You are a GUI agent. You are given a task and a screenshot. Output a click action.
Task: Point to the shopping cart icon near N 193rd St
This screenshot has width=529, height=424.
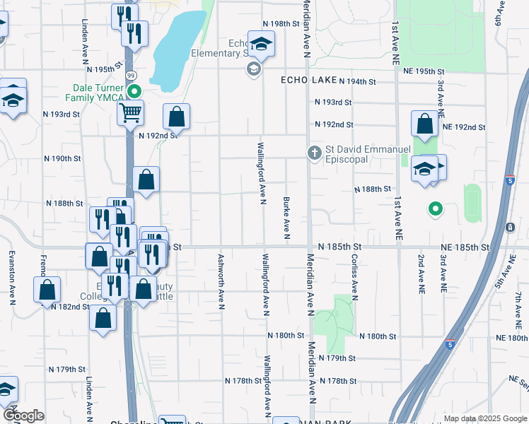click(x=130, y=112)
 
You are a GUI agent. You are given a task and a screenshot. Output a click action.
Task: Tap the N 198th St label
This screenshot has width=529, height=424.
click(x=286, y=23)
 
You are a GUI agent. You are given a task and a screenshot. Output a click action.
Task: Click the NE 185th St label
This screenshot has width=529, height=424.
click(x=463, y=247)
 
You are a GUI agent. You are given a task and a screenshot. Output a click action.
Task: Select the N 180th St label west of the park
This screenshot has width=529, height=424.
click(x=286, y=335)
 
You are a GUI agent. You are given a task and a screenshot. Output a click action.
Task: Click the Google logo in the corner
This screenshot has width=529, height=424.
click(x=23, y=416)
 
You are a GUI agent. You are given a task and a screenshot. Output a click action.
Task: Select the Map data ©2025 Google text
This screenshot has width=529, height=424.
click(x=484, y=418)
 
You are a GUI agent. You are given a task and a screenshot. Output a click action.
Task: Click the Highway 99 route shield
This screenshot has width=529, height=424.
click(x=131, y=75)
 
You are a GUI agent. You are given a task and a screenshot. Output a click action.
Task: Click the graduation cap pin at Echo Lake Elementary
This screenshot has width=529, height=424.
click(x=260, y=44)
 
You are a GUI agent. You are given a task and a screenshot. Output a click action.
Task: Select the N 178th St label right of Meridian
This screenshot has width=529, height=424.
click(x=337, y=381)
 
